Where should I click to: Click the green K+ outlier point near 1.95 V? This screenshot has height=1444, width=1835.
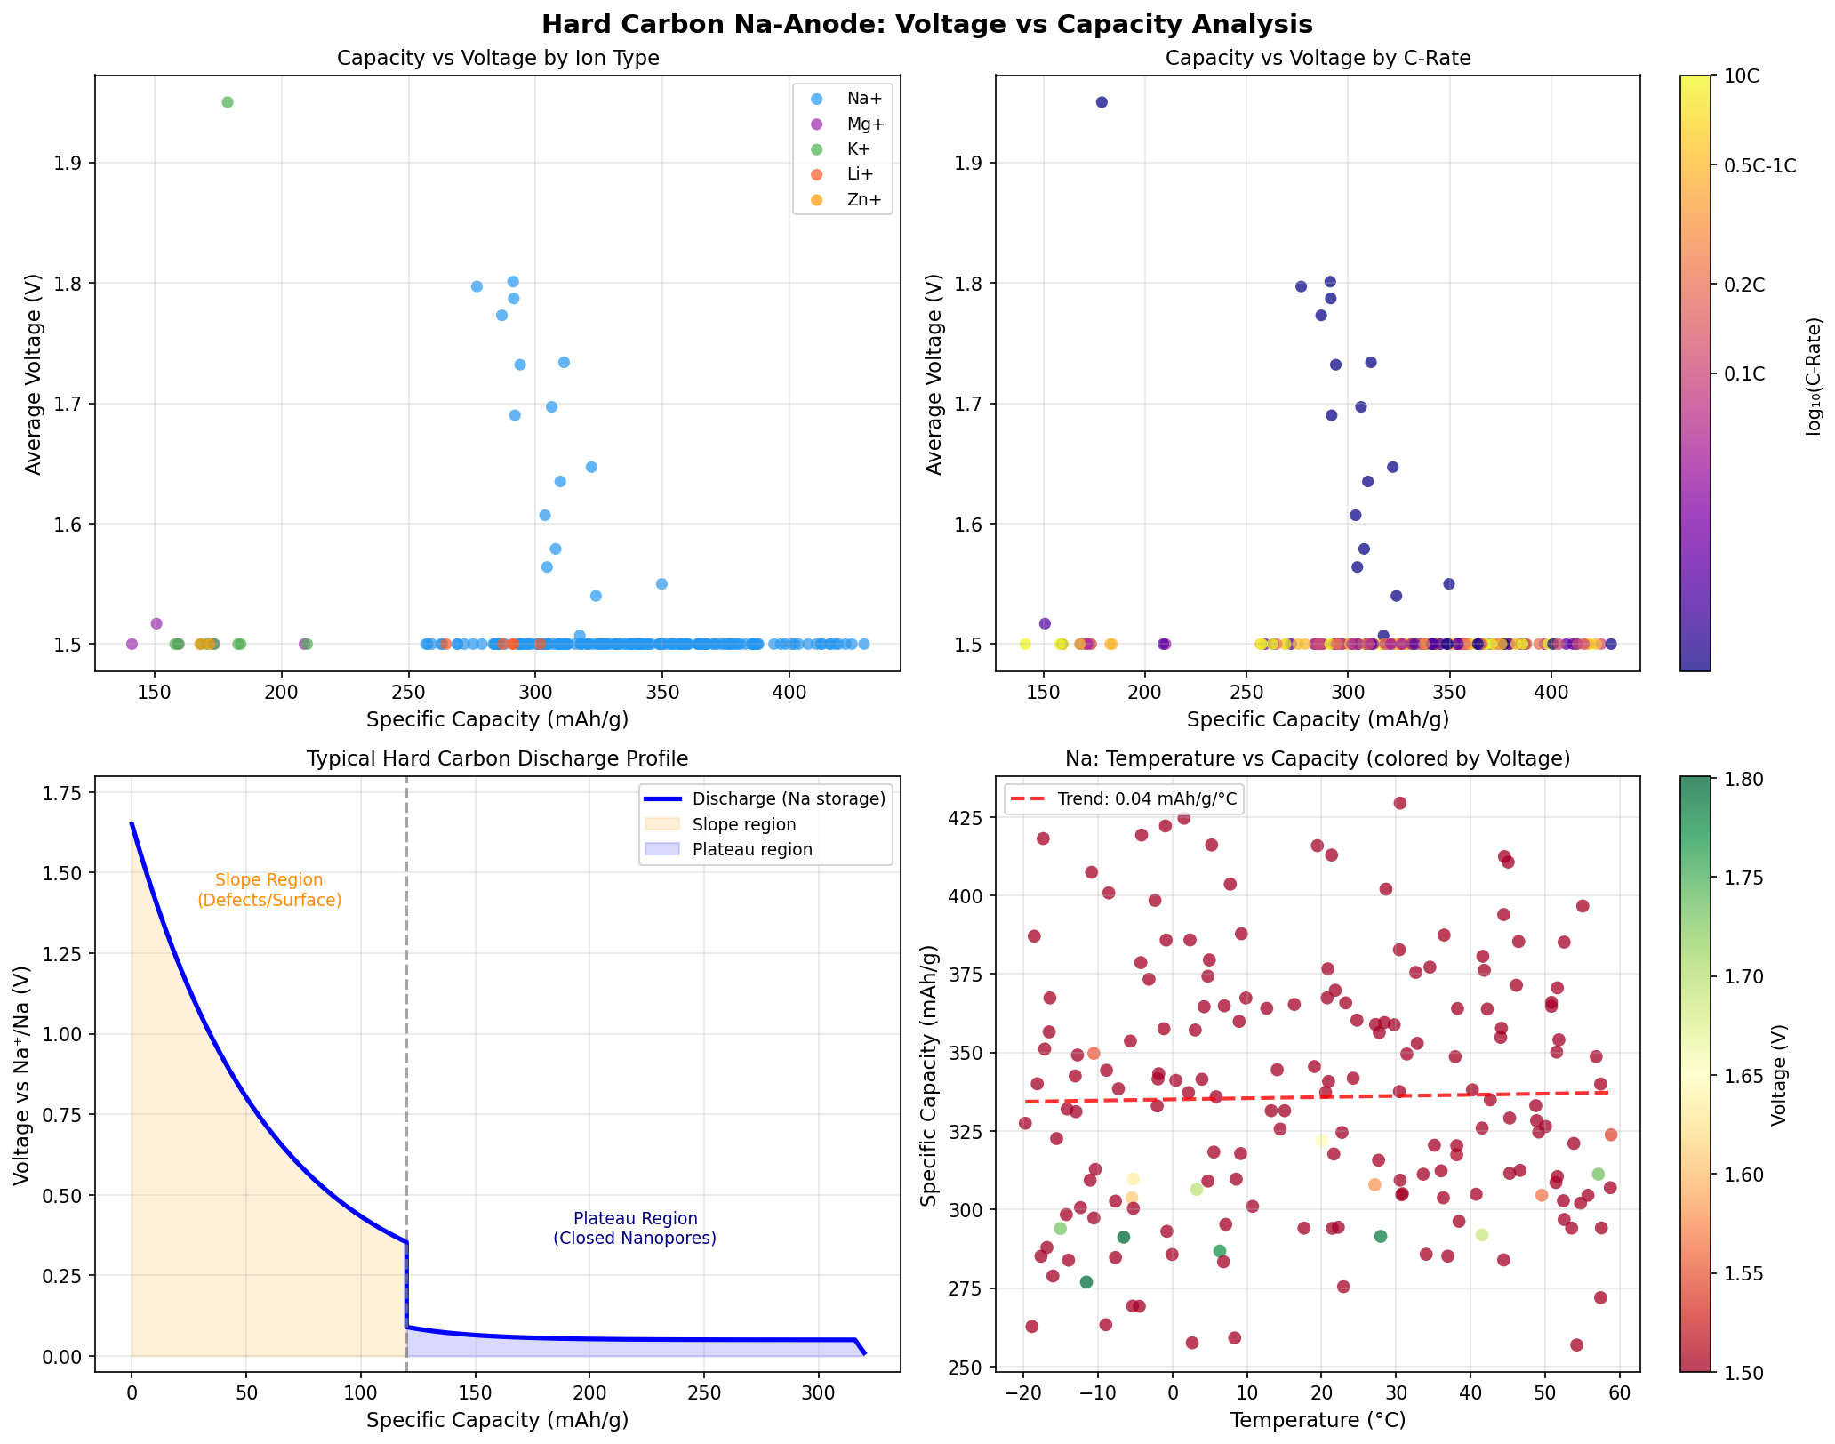pos(228,102)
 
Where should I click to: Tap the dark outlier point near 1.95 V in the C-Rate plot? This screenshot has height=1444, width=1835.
pos(1102,102)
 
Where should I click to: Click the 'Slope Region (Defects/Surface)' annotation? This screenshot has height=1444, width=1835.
pos(269,890)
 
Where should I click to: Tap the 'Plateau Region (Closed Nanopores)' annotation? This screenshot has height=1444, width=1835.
pos(635,1228)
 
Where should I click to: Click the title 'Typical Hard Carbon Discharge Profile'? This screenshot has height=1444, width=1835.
pos(497,758)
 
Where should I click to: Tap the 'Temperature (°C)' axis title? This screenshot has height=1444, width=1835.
pos(1318,1421)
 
